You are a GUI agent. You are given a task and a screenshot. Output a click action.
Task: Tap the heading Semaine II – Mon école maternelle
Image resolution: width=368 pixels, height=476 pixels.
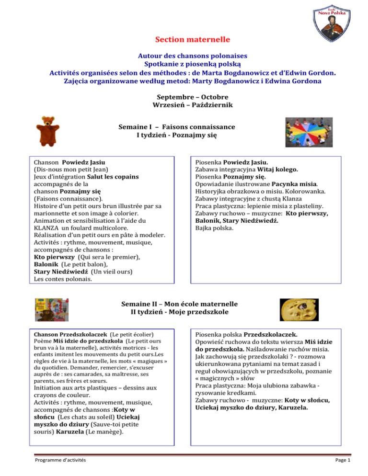(184, 305)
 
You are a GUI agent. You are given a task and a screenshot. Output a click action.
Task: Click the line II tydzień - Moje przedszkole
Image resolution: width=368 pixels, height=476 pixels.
(184, 313)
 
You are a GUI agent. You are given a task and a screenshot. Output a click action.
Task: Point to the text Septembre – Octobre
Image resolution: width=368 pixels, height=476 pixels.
(184, 96)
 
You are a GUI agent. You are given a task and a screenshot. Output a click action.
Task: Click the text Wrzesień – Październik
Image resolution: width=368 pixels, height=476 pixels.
(184, 104)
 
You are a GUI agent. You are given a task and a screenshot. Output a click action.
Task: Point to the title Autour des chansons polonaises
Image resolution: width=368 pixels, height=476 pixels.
(184, 55)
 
